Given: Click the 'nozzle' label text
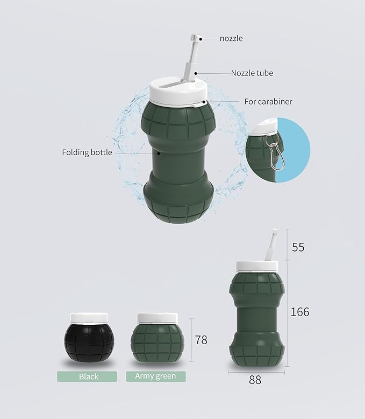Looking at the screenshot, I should (x=231, y=39).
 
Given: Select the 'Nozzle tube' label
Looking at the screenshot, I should (x=252, y=73).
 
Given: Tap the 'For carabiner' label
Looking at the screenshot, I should (x=268, y=101).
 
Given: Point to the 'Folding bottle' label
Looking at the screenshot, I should (x=87, y=152).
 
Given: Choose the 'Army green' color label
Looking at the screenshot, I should (x=156, y=376).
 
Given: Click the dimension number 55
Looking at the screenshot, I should (x=298, y=247).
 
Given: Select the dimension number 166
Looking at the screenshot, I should (x=300, y=312).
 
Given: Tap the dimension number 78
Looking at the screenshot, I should (x=201, y=340).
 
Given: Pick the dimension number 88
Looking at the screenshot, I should (x=255, y=380).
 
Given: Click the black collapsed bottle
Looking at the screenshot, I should (x=88, y=344).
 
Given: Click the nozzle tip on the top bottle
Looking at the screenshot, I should (x=196, y=39).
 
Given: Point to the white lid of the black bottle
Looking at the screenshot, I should (x=89, y=318).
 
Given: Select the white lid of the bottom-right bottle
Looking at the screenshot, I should (x=257, y=266).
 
